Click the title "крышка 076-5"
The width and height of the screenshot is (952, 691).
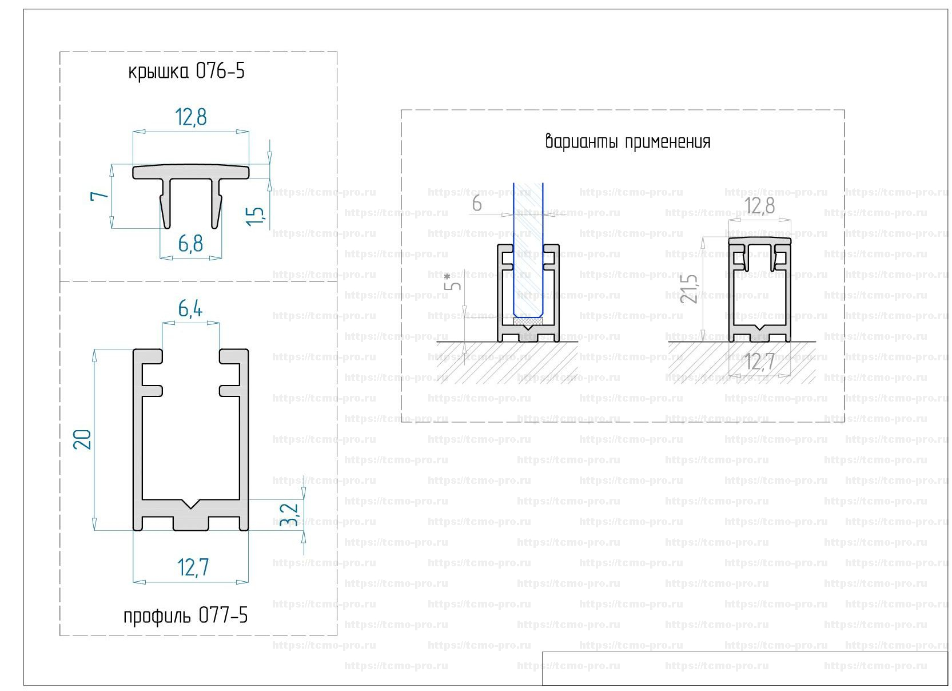click(x=186, y=72)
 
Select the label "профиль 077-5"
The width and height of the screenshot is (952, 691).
click(x=185, y=615)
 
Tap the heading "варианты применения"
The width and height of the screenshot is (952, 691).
click(x=628, y=141)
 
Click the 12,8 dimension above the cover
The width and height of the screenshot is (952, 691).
click(x=191, y=117)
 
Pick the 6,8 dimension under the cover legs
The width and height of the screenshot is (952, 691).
click(x=190, y=244)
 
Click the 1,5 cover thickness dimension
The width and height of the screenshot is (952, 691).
click(x=256, y=215)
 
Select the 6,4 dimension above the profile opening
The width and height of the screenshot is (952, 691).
click(x=190, y=309)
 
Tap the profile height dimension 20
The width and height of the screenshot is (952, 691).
click(x=84, y=439)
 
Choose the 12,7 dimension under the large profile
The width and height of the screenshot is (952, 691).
click(x=193, y=567)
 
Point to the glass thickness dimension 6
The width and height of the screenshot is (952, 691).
click(x=477, y=204)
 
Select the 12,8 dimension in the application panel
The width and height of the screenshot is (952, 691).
click(x=759, y=205)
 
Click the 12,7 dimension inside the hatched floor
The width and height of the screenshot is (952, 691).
click(x=760, y=362)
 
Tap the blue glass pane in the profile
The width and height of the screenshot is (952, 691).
click(x=528, y=252)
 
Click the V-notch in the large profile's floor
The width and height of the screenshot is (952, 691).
click(x=191, y=505)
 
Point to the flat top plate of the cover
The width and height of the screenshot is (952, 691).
click(x=191, y=171)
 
